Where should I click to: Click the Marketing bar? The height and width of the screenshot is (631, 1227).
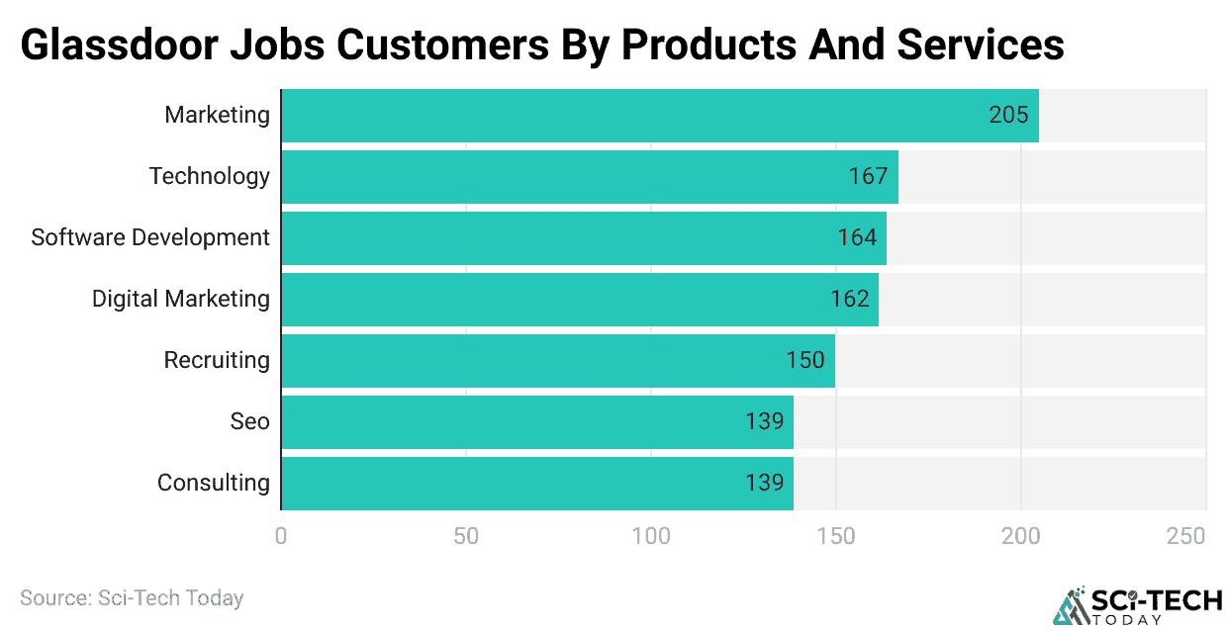tap(660, 115)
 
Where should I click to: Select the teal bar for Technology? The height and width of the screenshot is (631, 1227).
tap(590, 176)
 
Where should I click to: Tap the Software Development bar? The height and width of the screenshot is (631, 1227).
tap(584, 237)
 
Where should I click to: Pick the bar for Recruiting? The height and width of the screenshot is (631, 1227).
tap(558, 360)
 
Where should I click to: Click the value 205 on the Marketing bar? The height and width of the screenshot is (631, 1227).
tap(1008, 115)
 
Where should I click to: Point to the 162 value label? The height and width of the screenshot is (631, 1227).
tap(850, 299)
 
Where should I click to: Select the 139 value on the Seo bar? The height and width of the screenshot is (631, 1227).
tap(764, 421)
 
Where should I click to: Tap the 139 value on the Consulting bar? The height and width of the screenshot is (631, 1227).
tap(764, 483)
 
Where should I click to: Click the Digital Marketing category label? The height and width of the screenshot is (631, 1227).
tap(181, 299)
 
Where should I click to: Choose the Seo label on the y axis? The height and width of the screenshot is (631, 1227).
tap(249, 421)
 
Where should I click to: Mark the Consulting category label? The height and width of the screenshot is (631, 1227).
tap(214, 483)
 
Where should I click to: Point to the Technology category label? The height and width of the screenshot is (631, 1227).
tap(210, 176)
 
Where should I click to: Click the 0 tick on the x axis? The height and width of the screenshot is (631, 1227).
tap(282, 536)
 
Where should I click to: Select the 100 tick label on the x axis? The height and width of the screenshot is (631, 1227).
tap(651, 536)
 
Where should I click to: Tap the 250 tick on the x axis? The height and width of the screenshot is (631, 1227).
tap(1185, 536)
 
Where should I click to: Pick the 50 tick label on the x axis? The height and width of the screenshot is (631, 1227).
tap(466, 536)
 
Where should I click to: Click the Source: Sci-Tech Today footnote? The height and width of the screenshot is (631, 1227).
tap(132, 597)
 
